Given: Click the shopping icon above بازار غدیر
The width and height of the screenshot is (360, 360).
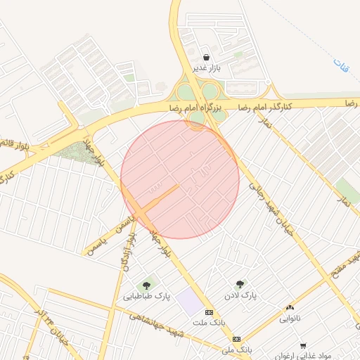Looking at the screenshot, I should [205, 58].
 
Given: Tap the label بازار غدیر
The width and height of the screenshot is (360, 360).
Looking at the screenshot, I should [207, 69].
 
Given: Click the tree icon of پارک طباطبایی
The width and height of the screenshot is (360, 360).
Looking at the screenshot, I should [146, 285].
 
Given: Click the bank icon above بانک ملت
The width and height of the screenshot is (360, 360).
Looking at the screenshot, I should [208, 311].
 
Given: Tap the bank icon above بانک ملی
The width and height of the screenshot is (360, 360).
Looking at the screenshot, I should [236, 338].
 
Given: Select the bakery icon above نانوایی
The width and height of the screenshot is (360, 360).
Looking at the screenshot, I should [290, 307].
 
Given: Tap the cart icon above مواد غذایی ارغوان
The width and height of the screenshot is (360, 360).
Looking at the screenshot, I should [303, 345].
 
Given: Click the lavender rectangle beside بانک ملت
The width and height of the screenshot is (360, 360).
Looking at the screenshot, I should [188, 302].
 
